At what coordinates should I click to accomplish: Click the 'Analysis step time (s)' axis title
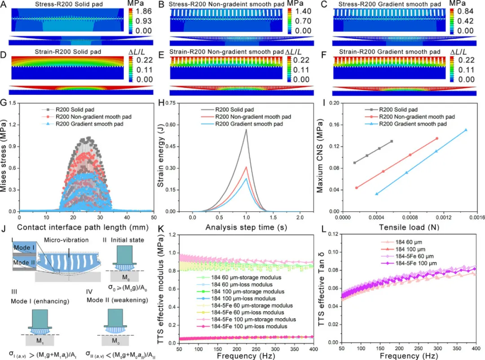(x=245, y=228)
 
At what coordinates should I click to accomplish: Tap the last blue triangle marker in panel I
(x=466, y=130)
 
